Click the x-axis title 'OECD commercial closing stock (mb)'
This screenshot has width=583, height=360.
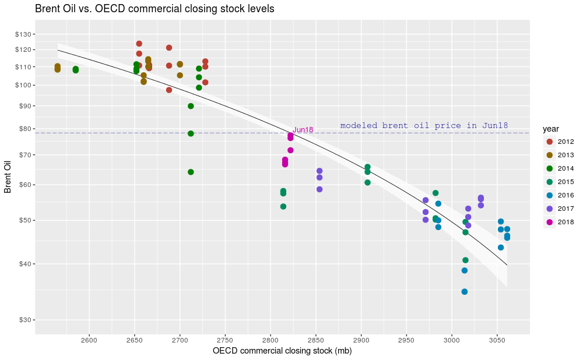click(x=282, y=351)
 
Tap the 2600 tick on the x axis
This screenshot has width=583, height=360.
click(x=89, y=339)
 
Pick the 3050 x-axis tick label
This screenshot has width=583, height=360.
click(x=497, y=339)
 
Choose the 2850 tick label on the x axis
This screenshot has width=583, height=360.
click(x=315, y=339)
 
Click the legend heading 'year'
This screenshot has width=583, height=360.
click(x=551, y=128)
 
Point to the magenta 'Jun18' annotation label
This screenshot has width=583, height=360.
click(x=303, y=130)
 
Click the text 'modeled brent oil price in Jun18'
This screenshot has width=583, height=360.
click(x=424, y=125)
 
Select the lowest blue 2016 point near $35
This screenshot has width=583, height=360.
click(x=465, y=292)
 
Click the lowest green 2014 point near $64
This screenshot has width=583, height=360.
click(x=191, y=172)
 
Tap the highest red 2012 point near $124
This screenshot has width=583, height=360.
click(x=139, y=44)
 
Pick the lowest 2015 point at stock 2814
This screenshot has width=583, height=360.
click(x=283, y=207)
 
